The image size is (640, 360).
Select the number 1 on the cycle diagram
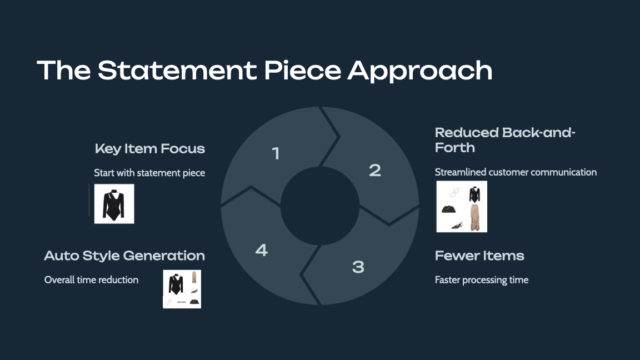[276, 153]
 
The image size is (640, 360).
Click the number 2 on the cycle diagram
[375, 170]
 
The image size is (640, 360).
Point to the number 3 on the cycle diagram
[358, 267]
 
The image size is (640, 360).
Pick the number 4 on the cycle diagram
[261, 250]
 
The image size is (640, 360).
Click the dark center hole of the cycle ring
[319, 206]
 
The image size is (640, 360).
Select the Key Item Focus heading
[150, 149]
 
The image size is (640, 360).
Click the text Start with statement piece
[149, 173]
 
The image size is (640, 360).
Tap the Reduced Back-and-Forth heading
[504, 140]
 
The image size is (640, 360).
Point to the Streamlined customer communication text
[516, 172]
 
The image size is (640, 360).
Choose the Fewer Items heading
[479, 256]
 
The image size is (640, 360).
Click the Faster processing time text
[481, 280]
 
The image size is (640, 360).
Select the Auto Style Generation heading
[124, 256]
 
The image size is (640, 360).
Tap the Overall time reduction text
[91, 280]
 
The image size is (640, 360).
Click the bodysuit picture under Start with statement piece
[114, 204]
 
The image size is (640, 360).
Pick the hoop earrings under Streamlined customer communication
[455, 192]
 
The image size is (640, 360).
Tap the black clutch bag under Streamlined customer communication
[448, 209]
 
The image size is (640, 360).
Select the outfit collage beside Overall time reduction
[182, 289]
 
